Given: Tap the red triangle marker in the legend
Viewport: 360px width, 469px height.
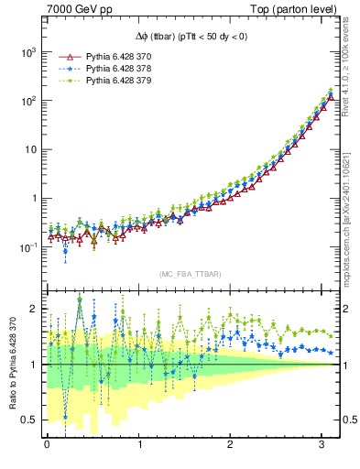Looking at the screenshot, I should (68, 57).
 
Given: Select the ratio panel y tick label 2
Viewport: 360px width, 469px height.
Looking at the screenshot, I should (35, 309).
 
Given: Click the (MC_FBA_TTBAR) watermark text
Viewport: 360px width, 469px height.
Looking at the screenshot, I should (190, 275).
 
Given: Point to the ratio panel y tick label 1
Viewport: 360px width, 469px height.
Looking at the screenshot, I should (35, 365).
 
